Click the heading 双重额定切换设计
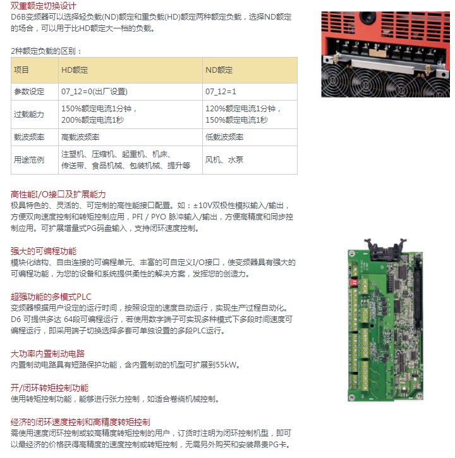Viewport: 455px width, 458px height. (x=43, y=6)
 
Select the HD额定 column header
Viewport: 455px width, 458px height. (x=75, y=70)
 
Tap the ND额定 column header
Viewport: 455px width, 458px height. (x=219, y=70)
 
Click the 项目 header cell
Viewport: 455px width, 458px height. (x=21, y=70)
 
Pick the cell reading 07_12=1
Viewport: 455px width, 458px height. (x=221, y=92)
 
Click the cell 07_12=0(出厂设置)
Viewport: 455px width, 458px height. (x=94, y=92)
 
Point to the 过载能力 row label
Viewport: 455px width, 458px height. (x=29, y=114)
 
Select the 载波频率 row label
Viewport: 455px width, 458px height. (x=29, y=137)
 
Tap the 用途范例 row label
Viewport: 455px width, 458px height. (x=29, y=160)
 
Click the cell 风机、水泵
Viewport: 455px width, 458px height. (x=224, y=160)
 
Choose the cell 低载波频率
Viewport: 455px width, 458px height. (x=224, y=137)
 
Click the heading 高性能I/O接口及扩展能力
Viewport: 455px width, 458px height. (x=58, y=194)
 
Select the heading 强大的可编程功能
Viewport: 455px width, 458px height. (x=44, y=251)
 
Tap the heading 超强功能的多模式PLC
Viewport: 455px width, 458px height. (x=51, y=297)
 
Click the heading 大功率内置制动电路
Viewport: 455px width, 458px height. (x=47, y=354)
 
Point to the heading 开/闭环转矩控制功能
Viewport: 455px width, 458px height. (x=49, y=388)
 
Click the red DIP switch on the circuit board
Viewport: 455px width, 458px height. (x=353, y=282)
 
